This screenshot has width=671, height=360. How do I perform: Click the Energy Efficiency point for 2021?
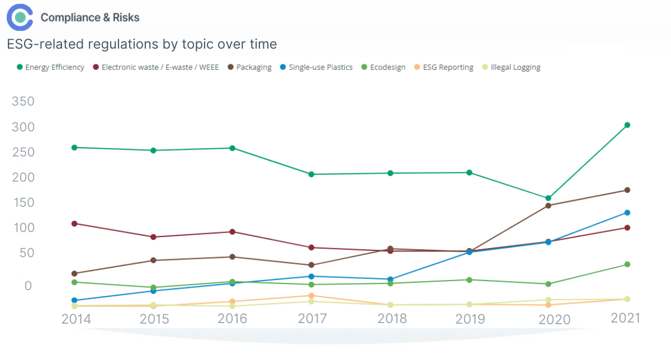tap(627, 125)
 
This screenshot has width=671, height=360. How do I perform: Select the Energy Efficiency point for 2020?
tap(548, 198)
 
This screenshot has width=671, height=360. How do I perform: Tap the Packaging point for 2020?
tap(548, 206)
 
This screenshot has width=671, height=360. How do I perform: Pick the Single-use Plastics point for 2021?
tap(627, 212)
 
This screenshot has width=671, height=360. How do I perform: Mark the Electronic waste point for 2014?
tap(74, 224)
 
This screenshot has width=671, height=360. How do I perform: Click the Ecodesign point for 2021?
tap(627, 264)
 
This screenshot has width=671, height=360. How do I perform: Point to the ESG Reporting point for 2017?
tap(311, 296)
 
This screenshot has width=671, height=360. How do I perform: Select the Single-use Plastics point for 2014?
tap(74, 300)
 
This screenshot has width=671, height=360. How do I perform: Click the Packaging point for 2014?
tap(74, 273)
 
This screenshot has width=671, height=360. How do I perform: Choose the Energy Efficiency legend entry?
tap(50, 68)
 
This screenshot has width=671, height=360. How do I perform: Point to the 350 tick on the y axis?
tap(23, 102)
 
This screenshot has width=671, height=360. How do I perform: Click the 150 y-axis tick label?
tap(23, 202)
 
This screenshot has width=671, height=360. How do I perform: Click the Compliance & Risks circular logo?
tap(20, 17)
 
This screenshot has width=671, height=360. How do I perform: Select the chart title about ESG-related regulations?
tap(142, 44)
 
